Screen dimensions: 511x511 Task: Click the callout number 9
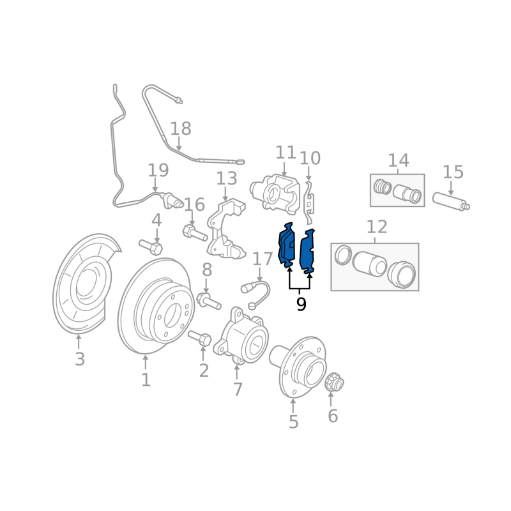click(301, 305)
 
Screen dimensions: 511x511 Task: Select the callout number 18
click(181, 128)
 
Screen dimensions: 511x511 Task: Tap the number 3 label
click(80, 359)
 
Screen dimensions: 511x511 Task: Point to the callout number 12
click(377, 227)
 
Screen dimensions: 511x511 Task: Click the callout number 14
click(399, 160)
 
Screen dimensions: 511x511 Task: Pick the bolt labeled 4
click(151, 247)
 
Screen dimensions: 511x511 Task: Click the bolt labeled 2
click(200, 339)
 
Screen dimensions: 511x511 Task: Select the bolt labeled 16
click(195, 233)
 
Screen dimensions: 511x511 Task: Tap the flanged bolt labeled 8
click(209, 301)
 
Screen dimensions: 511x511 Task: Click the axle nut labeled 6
click(334, 382)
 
